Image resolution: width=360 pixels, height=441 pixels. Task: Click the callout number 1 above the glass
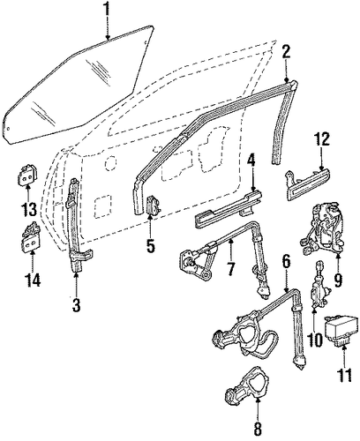click(108, 11)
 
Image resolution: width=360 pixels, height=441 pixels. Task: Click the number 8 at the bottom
click(258, 430)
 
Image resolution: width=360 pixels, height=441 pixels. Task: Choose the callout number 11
click(343, 373)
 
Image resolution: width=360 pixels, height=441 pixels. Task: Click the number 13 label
click(28, 209)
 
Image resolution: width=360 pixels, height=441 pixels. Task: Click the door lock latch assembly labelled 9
click(322, 229)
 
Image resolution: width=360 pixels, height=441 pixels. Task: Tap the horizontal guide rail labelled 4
click(228, 210)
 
